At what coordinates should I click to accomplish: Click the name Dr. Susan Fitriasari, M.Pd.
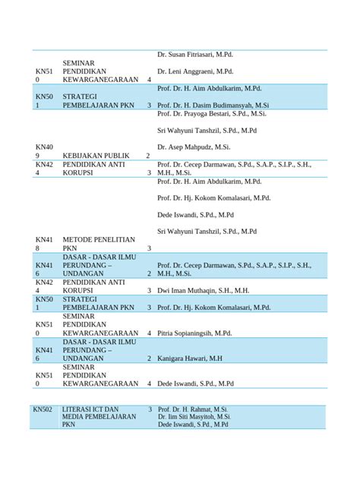pyautogui.click(x=195, y=55)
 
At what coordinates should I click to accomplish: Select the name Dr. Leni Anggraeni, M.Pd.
pyautogui.click(x=195, y=71)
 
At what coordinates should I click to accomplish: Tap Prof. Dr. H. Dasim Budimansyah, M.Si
pyautogui.click(x=213, y=105)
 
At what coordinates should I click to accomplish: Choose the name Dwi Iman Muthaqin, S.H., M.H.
pyautogui.click(x=203, y=290)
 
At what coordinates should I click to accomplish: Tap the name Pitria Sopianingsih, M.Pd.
pyautogui.click(x=194, y=333)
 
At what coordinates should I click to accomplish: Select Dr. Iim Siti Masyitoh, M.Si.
pyautogui.click(x=194, y=417)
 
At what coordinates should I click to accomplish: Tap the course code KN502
pyautogui.click(x=43, y=409)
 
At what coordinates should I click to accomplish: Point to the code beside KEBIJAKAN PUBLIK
pyautogui.click(x=43, y=151)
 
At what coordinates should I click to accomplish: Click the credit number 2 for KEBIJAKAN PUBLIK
pyautogui.click(x=147, y=156)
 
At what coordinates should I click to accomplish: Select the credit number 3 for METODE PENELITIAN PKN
pyautogui.click(x=149, y=248)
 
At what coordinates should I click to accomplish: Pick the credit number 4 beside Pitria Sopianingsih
pyautogui.click(x=149, y=333)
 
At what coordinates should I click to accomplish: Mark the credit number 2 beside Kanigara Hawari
pyautogui.click(x=149, y=358)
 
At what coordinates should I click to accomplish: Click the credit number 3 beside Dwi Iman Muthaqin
pyautogui.click(x=149, y=290)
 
